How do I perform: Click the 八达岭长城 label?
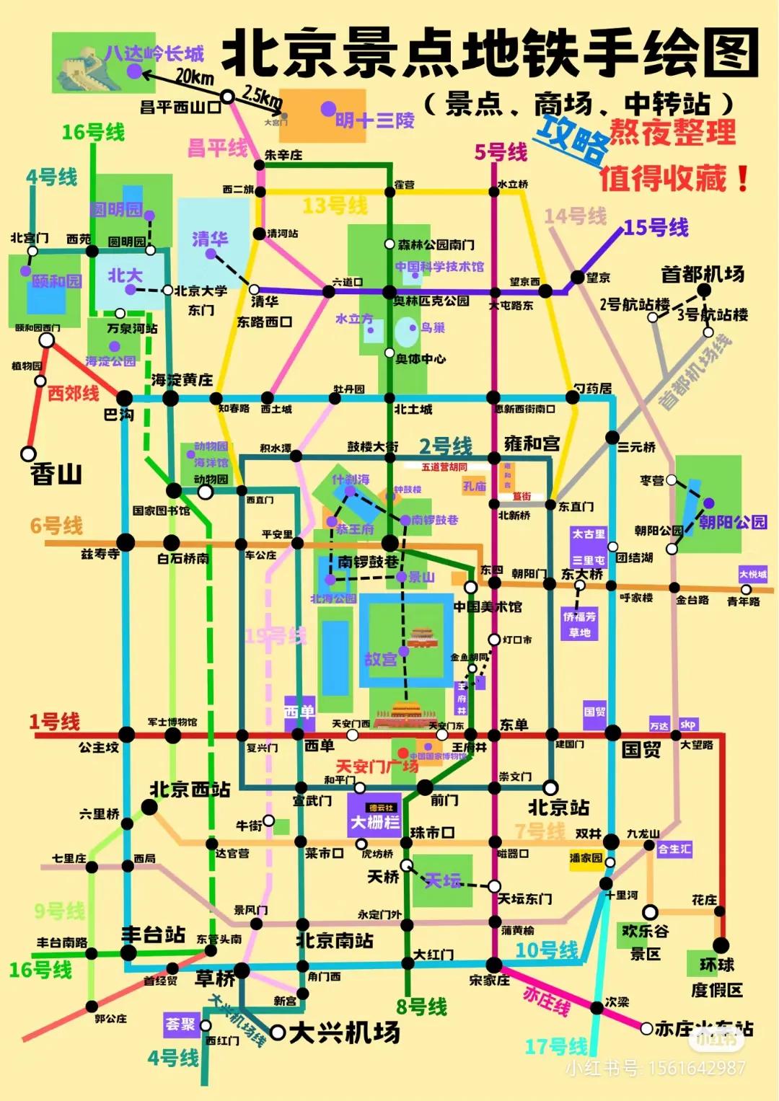point(154,53)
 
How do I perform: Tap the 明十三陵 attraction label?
point(375,120)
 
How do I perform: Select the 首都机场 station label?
point(703,274)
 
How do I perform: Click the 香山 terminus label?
point(56,474)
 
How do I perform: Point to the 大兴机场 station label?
point(345,1033)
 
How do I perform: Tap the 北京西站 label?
point(190,790)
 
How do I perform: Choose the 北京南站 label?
point(335,940)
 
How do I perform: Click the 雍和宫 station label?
point(532,443)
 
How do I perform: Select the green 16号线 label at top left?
point(93,132)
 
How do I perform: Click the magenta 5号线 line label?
point(501,152)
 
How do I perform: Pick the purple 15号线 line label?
point(656,227)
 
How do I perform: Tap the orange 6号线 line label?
point(56,526)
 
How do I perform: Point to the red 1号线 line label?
point(55,721)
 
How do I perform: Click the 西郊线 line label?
point(74,393)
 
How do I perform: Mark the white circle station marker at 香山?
point(28,454)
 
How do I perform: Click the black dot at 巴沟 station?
point(125,398)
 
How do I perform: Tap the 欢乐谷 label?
point(645,931)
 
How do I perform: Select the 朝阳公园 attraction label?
point(733,522)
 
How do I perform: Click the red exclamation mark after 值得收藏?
point(742,179)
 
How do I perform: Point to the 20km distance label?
point(195,77)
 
